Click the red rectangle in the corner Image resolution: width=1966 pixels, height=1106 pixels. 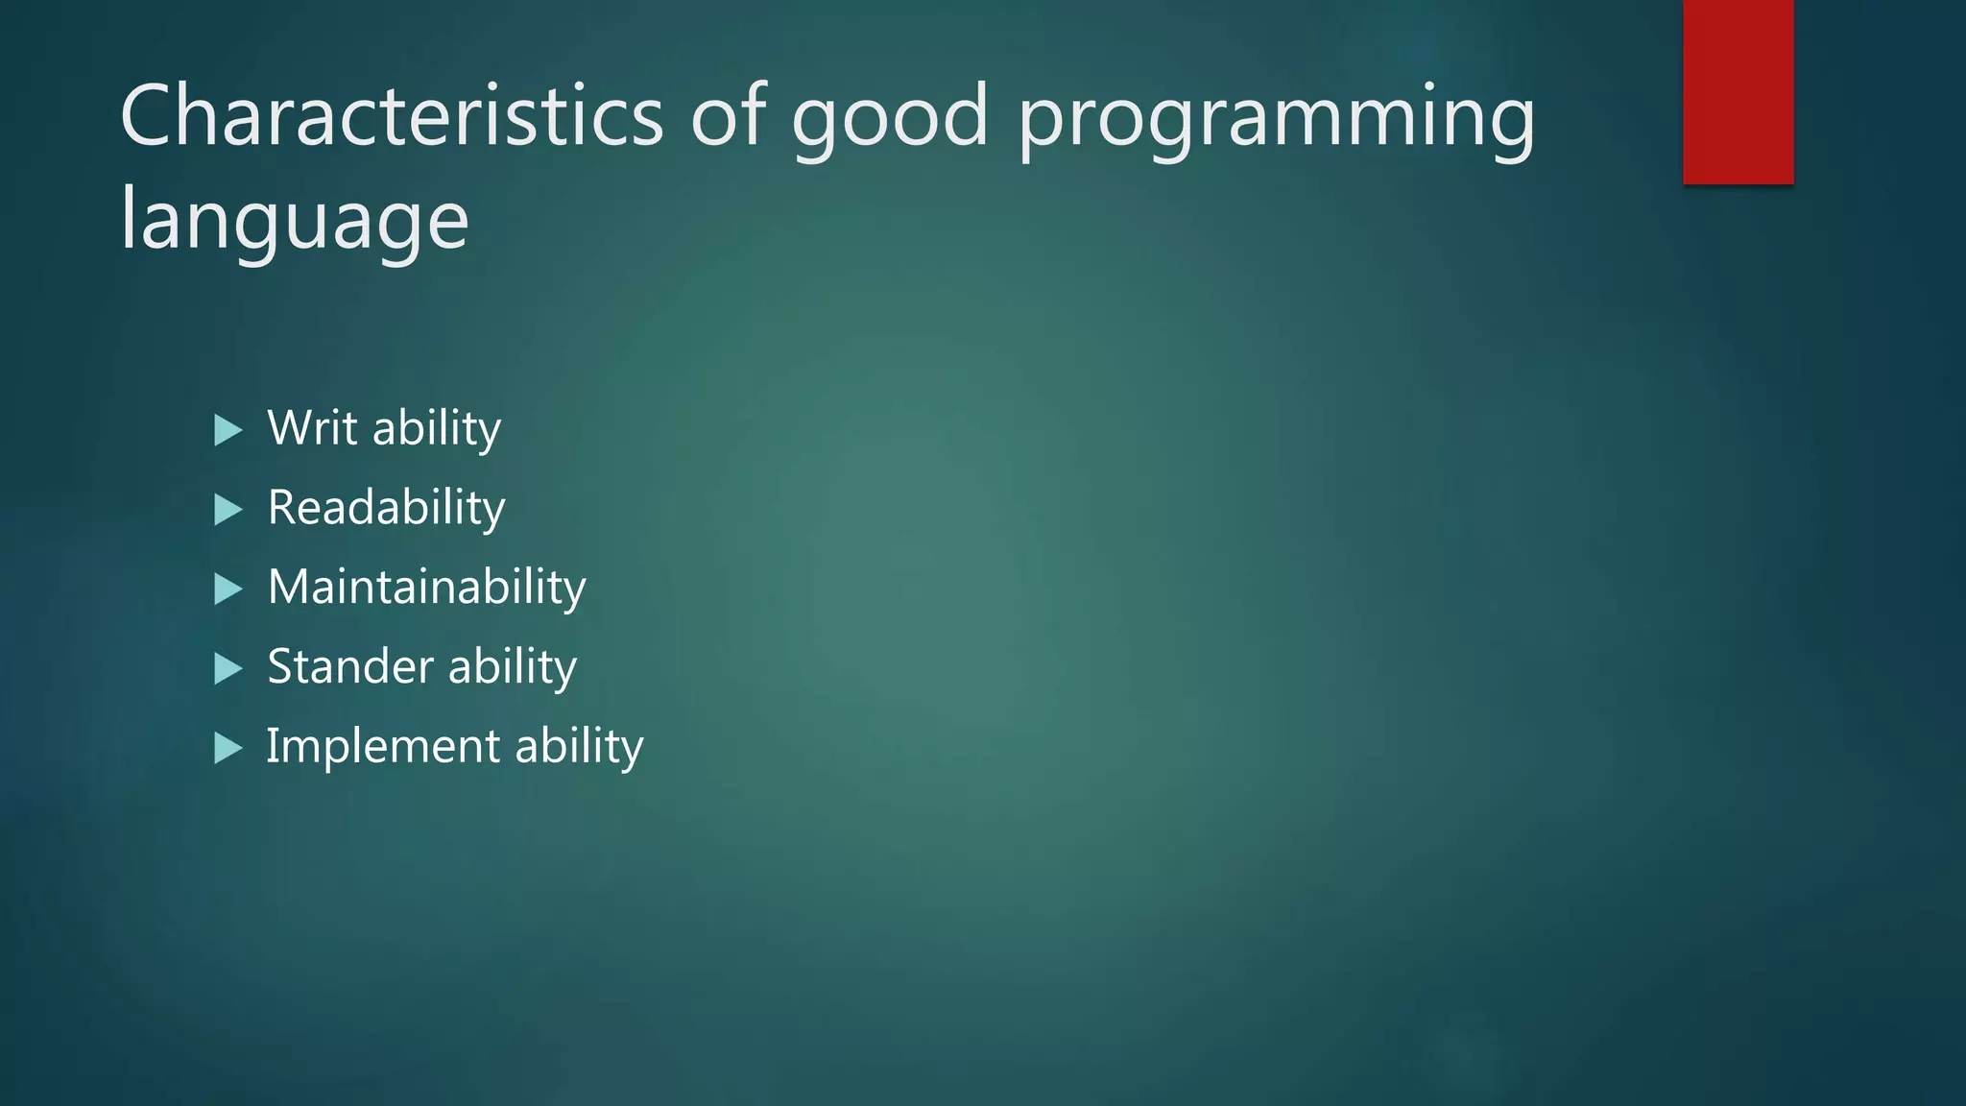[x=1738, y=91]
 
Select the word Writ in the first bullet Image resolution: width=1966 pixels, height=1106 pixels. [x=312, y=427]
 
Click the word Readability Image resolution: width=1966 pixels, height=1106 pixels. [x=386, y=508]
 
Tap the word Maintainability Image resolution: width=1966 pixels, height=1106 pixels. [x=426, y=587]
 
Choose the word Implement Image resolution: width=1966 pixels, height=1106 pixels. [x=382, y=747]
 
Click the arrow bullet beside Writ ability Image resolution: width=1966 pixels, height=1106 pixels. [x=228, y=430]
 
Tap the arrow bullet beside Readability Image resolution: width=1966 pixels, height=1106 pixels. [x=228, y=510]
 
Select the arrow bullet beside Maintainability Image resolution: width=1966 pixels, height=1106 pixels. [x=228, y=589]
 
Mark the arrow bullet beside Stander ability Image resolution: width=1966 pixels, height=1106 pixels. [x=228, y=668]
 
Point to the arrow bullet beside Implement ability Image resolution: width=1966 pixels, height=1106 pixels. [x=228, y=748]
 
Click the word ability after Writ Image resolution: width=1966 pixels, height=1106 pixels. [x=437, y=429]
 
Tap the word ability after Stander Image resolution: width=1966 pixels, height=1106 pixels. [x=512, y=667]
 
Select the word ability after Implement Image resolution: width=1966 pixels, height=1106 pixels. [x=579, y=747]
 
